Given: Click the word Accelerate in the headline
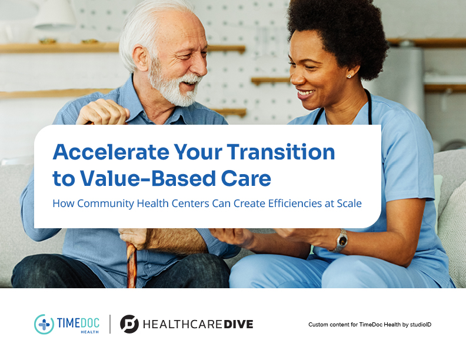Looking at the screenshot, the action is pos(111,152).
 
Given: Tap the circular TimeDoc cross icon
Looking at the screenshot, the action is pos(44,324).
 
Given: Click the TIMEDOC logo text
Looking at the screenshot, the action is pos(78,323).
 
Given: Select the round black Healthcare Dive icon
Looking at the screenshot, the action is pos(129,324).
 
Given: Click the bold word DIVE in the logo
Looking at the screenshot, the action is pos(238,324).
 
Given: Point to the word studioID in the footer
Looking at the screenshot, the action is pos(421,324).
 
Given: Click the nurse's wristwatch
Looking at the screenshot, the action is pos(341,241).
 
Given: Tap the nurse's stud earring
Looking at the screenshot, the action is pos(349,76).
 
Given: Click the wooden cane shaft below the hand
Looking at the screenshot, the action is pos(132,265).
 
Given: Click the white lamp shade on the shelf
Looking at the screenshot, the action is pos(55,15).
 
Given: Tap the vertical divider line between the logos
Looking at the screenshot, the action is pos(110,324).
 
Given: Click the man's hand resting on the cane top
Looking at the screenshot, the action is pos(103,112).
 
